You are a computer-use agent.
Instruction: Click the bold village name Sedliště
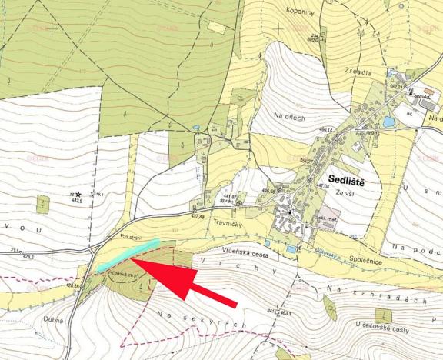pyautogui.click(x=342, y=175)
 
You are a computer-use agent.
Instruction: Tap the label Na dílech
pyautogui.click(x=289, y=116)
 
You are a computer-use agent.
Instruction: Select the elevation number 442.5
pyautogui.click(x=76, y=200)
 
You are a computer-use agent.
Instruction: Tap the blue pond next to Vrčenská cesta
pyautogui.click(x=290, y=249)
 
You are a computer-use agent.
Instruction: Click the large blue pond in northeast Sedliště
pyautogui.click(x=389, y=122)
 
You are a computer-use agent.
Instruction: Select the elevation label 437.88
pyautogui.click(x=198, y=216)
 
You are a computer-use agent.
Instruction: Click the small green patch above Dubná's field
pyautogui.click(x=42, y=204)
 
